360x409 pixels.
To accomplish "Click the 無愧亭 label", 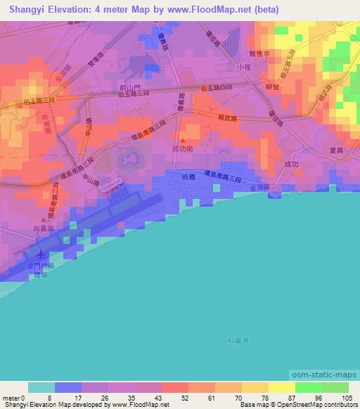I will tap(259, 53).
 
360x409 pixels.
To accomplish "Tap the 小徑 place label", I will tap(243, 67).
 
